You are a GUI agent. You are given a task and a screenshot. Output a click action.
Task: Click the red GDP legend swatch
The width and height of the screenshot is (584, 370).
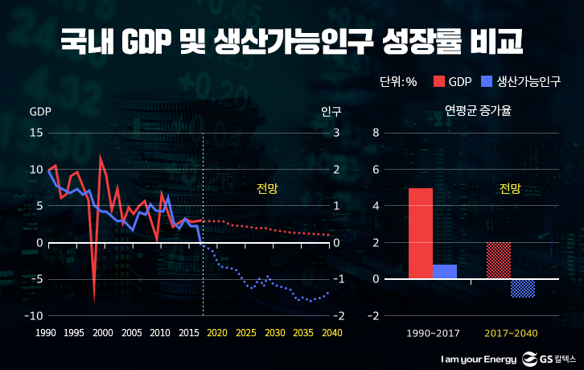(439, 81)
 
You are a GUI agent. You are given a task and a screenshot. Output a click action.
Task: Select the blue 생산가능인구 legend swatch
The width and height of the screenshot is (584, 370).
(485, 81)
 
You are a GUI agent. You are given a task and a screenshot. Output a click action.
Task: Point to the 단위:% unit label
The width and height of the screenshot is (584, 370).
(398, 81)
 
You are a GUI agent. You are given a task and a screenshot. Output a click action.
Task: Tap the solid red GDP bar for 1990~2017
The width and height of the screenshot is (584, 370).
(421, 233)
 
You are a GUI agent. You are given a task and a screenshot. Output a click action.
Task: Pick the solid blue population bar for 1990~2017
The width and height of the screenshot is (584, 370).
(445, 272)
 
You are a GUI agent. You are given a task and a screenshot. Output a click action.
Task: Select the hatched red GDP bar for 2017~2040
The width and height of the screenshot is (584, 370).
(498, 261)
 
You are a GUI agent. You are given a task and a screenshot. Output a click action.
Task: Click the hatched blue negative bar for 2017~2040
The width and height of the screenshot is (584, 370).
(522, 288)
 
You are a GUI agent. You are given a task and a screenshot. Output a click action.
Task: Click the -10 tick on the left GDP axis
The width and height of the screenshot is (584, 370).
(34, 316)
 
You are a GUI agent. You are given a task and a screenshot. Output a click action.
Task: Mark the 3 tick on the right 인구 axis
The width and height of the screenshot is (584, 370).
(336, 133)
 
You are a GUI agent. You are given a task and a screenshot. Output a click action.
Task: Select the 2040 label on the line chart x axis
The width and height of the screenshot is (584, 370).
(331, 333)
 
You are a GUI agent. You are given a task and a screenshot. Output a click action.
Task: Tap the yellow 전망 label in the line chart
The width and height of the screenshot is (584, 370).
(266, 189)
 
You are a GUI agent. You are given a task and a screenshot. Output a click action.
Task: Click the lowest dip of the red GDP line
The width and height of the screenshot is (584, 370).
(94, 302)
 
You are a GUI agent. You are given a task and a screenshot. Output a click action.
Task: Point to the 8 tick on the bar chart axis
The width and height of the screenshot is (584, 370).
(376, 133)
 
